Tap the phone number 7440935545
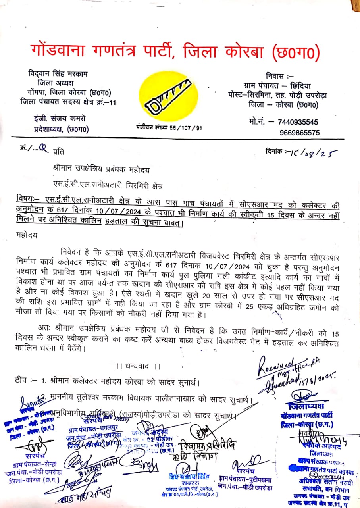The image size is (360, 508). (299, 122)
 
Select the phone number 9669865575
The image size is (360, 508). (299, 133)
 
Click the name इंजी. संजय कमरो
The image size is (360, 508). (59, 119)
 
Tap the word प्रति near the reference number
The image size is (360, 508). (58, 151)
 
